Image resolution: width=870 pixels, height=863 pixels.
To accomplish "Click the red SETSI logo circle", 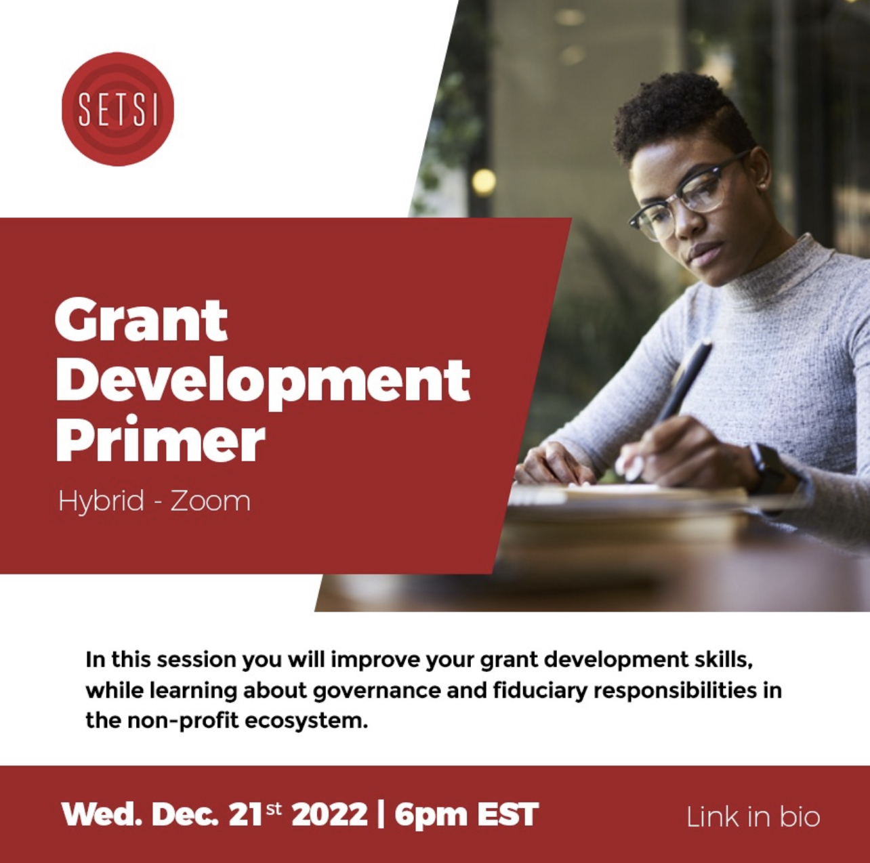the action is [x=118, y=109].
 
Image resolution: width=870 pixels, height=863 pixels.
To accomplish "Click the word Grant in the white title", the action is [x=142, y=321].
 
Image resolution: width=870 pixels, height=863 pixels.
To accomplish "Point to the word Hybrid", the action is [x=101, y=501].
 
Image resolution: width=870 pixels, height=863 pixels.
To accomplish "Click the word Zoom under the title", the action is [x=211, y=501].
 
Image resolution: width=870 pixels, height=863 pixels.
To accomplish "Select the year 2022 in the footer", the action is [x=329, y=815].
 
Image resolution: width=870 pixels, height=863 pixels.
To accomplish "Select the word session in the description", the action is [x=196, y=660].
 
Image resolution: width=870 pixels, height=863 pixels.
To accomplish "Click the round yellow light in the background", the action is [x=484, y=182].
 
